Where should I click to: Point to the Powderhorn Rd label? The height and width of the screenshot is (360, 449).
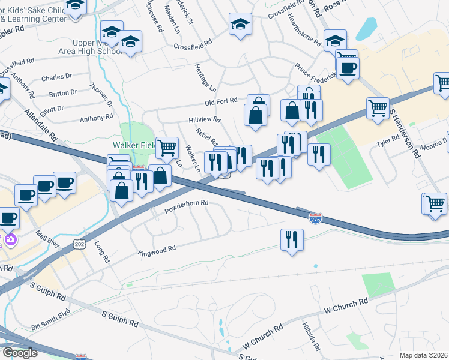pos(186,207)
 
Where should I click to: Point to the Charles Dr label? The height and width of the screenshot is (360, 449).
pos(57,77)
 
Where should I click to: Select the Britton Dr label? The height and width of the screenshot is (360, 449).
pos(63,93)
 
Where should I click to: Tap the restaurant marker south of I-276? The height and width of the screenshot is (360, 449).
pos(292,240)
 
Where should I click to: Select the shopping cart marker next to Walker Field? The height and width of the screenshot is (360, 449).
pos(167,146)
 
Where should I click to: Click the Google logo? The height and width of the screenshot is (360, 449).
pos(20,353)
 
